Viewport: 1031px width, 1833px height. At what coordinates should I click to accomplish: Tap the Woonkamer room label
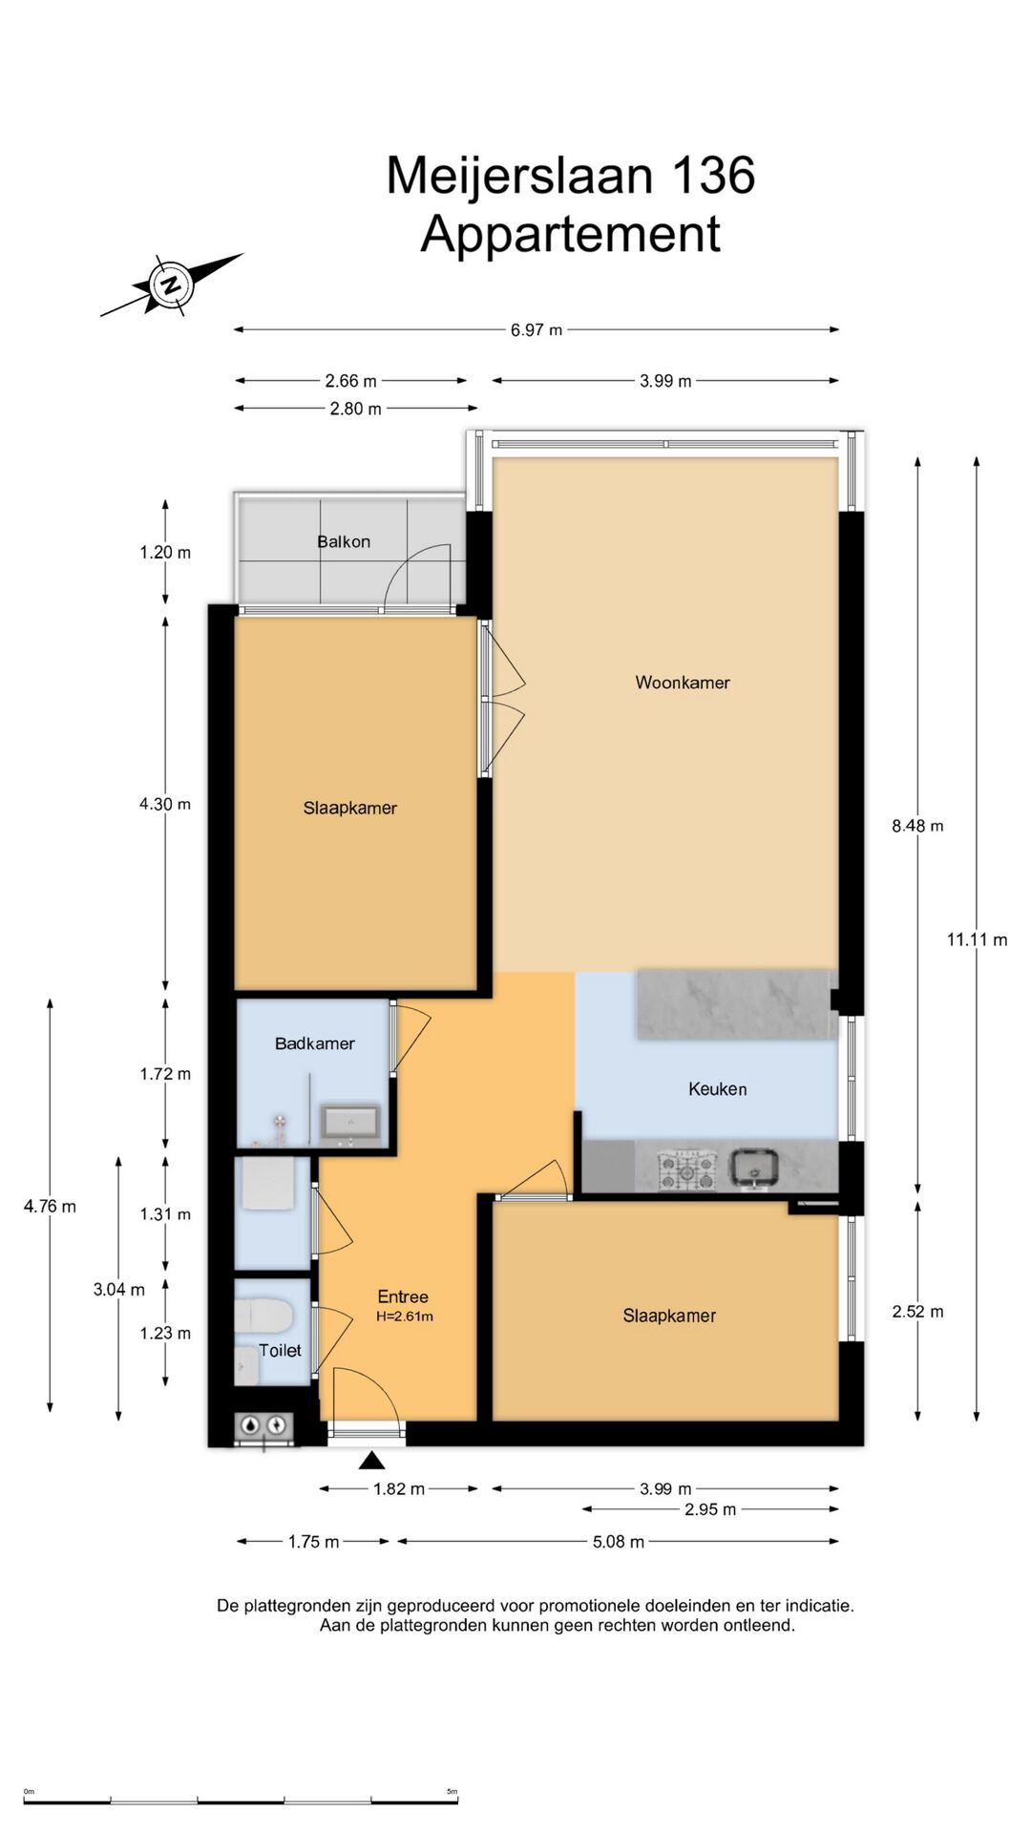click(x=683, y=683)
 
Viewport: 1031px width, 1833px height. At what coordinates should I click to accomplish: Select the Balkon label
click(x=344, y=541)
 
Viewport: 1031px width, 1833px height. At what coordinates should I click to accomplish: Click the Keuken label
click(x=718, y=1088)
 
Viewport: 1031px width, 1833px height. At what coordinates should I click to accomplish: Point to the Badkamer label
click(x=315, y=1043)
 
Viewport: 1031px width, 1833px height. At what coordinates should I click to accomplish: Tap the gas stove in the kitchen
click(x=686, y=1169)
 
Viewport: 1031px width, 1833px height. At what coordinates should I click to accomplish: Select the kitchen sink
click(x=754, y=1169)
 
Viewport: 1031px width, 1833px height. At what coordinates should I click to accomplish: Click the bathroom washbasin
click(x=350, y=1122)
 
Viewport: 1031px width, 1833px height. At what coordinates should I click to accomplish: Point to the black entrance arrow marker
click(x=372, y=1460)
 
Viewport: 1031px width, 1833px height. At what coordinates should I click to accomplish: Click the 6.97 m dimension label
click(x=537, y=330)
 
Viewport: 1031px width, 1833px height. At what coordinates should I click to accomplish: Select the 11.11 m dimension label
click(x=977, y=939)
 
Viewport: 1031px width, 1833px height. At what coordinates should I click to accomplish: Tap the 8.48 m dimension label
click(x=917, y=826)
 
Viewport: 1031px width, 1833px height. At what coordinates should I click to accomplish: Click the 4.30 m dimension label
click(x=165, y=804)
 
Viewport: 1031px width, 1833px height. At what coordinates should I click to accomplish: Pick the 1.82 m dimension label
click(x=399, y=1488)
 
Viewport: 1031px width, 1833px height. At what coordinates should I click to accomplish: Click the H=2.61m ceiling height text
click(x=405, y=1317)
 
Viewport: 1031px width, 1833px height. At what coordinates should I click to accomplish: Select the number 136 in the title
click(x=713, y=176)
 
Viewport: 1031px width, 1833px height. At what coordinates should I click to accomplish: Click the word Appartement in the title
click(x=570, y=235)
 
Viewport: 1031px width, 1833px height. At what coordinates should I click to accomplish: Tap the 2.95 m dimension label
click(x=710, y=1509)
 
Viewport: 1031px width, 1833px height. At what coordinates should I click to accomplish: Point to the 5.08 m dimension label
click(x=619, y=1541)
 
